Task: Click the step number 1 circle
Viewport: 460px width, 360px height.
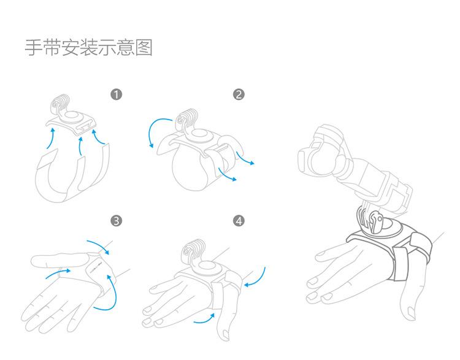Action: click(x=116, y=94)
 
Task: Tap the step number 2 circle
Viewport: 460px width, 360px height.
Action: click(x=239, y=94)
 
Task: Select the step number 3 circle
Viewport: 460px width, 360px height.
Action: click(x=116, y=220)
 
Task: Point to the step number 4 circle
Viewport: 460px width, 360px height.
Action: click(x=239, y=220)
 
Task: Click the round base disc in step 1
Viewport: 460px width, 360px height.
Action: click(x=72, y=118)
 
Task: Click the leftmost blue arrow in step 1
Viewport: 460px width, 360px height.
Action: click(x=50, y=140)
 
